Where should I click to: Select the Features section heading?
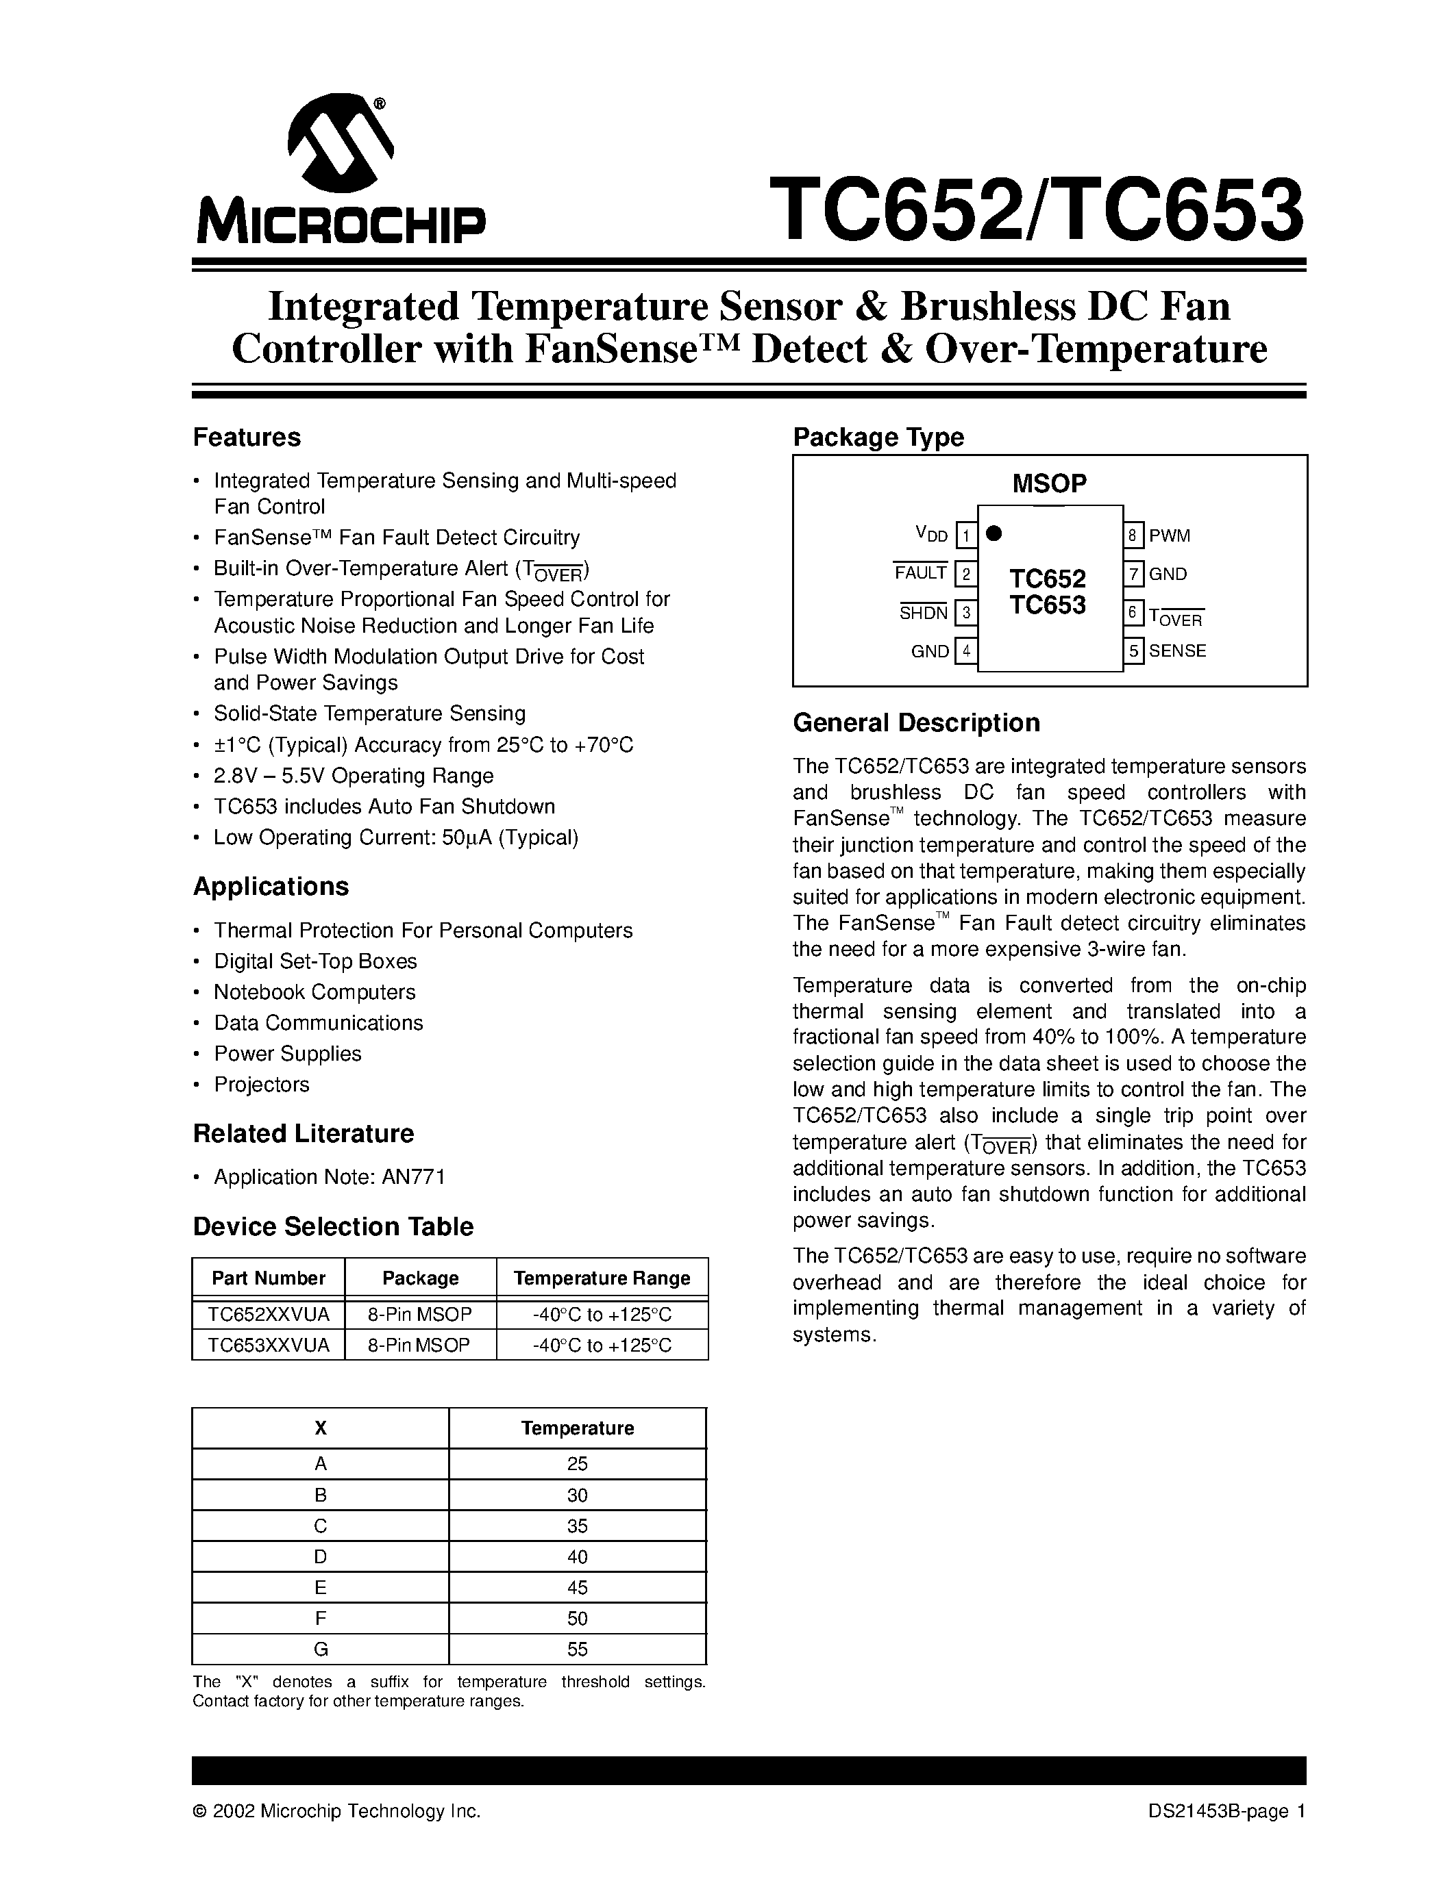(x=247, y=437)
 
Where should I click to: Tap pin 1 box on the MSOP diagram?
(x=966, y=536)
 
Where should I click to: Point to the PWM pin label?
(x=1169, y=536)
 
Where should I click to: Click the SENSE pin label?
(x=1176, y=651)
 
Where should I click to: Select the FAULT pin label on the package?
(x=920, y=573)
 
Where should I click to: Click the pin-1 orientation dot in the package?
(x=994, y=533)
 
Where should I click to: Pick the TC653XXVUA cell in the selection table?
(x=269, y=1344)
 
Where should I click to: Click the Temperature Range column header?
(x=602, y=1278)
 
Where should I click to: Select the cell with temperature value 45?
(x=577, y=1587)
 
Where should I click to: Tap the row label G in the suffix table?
(x=320, y=1650)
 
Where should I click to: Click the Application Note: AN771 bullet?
(x=329, y=1177)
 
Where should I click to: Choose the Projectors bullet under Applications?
(x=261, y=1085)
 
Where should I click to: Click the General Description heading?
(x=916, y=722)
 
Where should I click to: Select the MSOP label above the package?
(x=1049, y=483)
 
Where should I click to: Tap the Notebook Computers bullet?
(x=314, y=992)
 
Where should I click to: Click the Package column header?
(x=420, y=1278)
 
